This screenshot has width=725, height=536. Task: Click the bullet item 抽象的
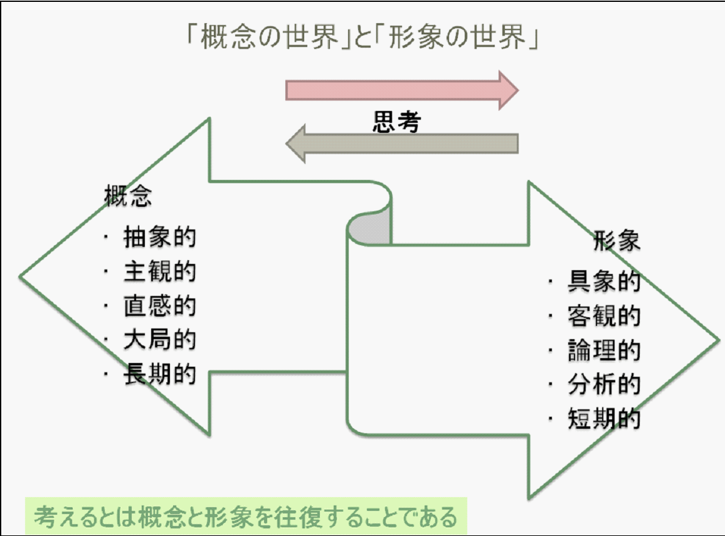point(159,238)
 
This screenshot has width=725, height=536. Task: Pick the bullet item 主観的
point(159,272)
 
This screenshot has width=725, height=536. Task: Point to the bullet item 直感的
point(159,306)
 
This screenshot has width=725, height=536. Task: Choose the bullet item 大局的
point(159,340)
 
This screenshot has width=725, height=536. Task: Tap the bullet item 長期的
point(159,374)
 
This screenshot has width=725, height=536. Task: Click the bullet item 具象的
point(603,282)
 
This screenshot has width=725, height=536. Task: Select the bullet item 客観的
point(603,317)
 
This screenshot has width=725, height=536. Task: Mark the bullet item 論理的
point(603,350)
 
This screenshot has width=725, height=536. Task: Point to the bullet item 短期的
point(603,419)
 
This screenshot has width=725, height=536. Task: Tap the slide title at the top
point(362,39)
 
